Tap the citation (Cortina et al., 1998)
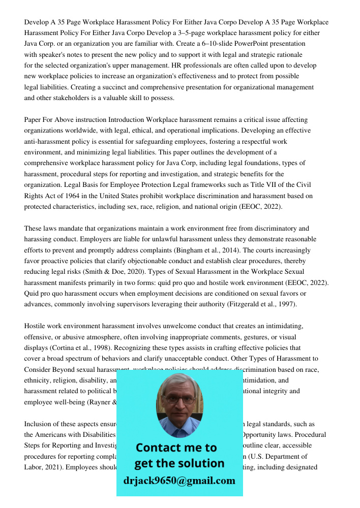coord(77,348)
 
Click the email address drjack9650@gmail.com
coord(179,481)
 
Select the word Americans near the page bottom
coord(54,435)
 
